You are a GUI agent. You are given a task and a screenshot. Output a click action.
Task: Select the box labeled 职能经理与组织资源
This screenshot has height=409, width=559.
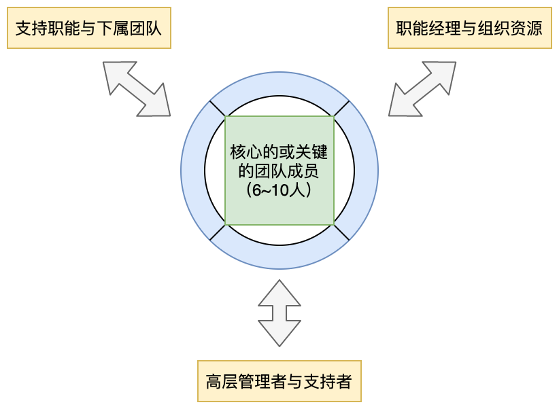pos(470,29)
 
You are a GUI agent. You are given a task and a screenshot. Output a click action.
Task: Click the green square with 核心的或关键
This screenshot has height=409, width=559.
pos(279,170)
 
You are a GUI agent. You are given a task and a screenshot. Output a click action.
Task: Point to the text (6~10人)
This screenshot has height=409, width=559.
pos(279,191)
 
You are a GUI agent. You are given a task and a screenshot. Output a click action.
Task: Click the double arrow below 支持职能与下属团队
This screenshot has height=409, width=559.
pos(137,88)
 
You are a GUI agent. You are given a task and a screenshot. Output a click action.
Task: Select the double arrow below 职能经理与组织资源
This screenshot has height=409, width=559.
pos(422,88)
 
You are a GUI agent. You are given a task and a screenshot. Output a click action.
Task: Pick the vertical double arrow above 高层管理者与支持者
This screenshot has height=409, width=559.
pos(279,313)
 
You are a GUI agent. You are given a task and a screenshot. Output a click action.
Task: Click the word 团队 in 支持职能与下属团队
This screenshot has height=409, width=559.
pos(141,29)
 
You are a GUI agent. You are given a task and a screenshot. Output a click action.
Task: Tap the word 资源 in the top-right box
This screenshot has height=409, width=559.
pos(527,29)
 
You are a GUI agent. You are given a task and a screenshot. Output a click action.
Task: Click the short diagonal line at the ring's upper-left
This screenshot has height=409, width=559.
pos(218,109)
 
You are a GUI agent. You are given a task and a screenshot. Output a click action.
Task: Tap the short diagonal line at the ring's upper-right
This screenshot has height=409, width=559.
pos(341,109)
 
